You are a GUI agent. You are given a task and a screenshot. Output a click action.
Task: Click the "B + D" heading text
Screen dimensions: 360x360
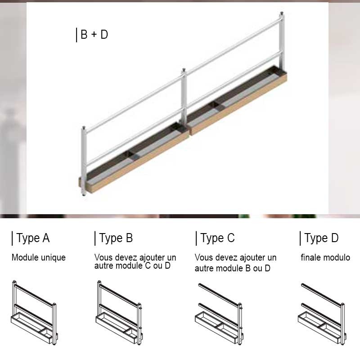tap(94, 35)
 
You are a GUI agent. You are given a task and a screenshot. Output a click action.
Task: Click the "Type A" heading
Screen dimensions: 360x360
tap(33, 238)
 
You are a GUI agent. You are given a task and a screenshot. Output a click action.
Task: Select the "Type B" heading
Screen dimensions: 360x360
tap(116, 238)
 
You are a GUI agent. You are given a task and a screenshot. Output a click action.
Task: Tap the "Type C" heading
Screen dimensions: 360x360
tap(217, 238)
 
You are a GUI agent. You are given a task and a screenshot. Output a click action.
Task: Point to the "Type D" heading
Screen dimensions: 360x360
tap(321, 238)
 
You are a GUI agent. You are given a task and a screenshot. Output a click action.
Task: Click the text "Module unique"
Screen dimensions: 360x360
tap(39, 257)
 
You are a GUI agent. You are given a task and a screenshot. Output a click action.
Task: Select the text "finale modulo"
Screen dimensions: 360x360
tap(325, 257)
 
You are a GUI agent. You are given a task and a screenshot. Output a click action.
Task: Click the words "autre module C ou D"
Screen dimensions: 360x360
tap(132, 265)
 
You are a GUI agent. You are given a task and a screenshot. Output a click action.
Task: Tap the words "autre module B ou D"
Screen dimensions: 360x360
tap(232, 268)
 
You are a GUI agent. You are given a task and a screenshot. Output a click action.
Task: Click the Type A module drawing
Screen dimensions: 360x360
tap(34, 313)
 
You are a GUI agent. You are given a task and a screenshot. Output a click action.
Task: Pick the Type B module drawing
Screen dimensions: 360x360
tap(119, 313)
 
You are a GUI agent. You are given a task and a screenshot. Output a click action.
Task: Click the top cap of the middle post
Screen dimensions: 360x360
tap(184, 70)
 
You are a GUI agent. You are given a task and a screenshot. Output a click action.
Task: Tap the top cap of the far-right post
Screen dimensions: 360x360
tap(282, 13)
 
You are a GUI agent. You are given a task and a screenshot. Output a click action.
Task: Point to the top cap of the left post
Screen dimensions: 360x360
tap(84, 128)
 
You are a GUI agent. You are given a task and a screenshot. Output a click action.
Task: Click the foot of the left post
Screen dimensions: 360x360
tap(84, 194)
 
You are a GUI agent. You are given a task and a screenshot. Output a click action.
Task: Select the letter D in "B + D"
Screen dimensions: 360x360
tap(104, 35)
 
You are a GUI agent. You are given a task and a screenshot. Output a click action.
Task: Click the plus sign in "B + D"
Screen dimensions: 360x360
tap(94, 35)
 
